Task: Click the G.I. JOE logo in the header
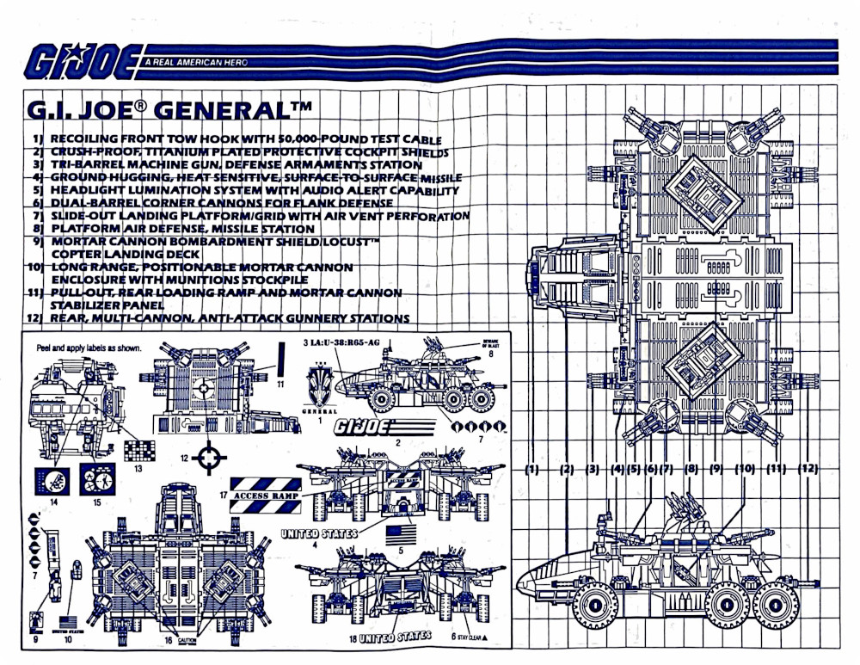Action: click(x=83, y=61)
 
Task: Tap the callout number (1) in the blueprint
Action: click(x=532, y=469)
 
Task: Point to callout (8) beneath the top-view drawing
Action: click(x=691, y=469)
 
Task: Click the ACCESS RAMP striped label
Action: click(x=271, y=496)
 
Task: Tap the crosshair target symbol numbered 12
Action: click(x=207, y=457)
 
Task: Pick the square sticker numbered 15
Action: click(x=97, y=478)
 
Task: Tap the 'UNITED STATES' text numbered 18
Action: click(x=395, y=637)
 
